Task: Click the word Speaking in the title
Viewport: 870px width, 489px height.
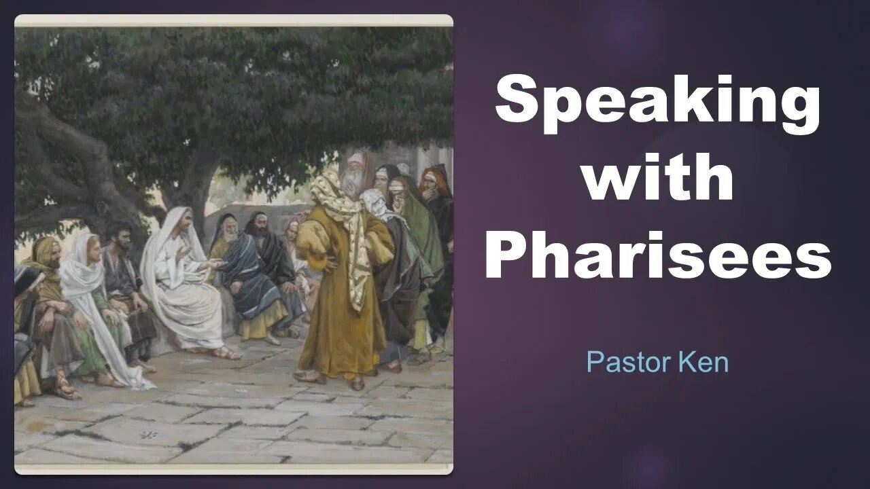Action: pyautogui.click(x=657, y=103)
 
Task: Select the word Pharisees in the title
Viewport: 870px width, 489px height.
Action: pyautogui.click(x=659, y=255)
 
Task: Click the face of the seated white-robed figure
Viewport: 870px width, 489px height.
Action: pyautogui.click(x=184, y=224)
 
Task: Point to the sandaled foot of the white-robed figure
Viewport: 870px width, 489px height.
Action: pyautogui.click(x=226, y=352)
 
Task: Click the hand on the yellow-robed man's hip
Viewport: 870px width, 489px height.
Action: pyautogui.click(x=330, y=265)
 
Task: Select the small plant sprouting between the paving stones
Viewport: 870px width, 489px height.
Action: pyautogui.click(x=149, y=435)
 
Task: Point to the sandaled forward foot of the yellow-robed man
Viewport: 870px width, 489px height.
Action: pyautogui.click(x=309, y=376)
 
